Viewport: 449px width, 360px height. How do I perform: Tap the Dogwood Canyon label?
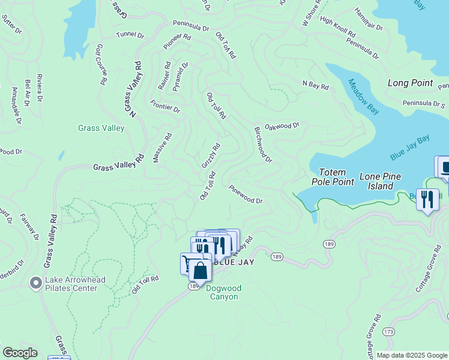coord(223,292)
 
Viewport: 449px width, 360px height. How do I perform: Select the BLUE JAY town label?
coord(226,262)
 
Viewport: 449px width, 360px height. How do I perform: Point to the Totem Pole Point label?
coord(333,176)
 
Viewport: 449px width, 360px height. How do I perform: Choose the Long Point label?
coord(410,83)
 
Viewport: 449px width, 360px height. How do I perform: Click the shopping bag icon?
coord(200,271)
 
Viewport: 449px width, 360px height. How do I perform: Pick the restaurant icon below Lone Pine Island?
coord(427,199)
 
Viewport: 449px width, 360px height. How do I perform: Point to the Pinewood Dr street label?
coord(246,194)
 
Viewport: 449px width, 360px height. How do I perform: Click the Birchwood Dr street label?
coord(263,144)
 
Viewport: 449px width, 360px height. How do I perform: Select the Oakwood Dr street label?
coord(282,126)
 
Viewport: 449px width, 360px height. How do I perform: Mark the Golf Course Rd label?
coord(101,63)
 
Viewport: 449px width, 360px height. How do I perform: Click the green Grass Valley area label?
coord(101,128)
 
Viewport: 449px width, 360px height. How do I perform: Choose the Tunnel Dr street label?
coord(130,35)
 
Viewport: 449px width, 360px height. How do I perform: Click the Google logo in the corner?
coord(20,353)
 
